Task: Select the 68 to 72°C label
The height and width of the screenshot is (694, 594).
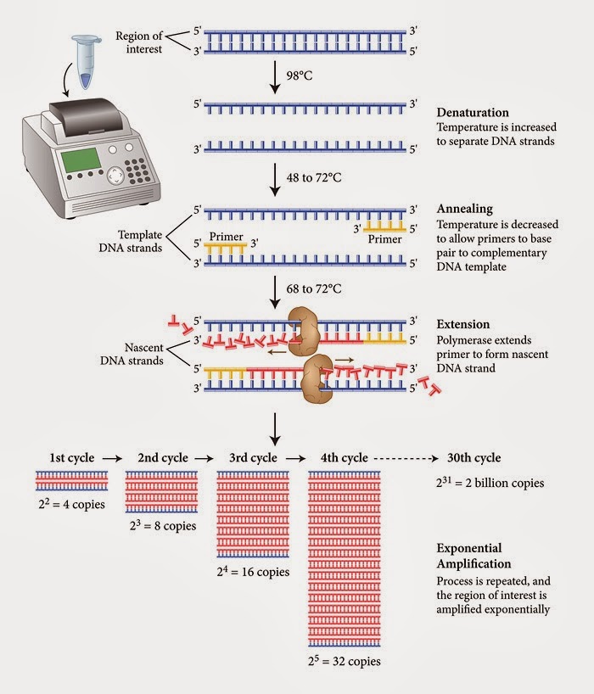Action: pos(317,288)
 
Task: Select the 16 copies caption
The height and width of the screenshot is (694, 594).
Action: pos(254,571)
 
